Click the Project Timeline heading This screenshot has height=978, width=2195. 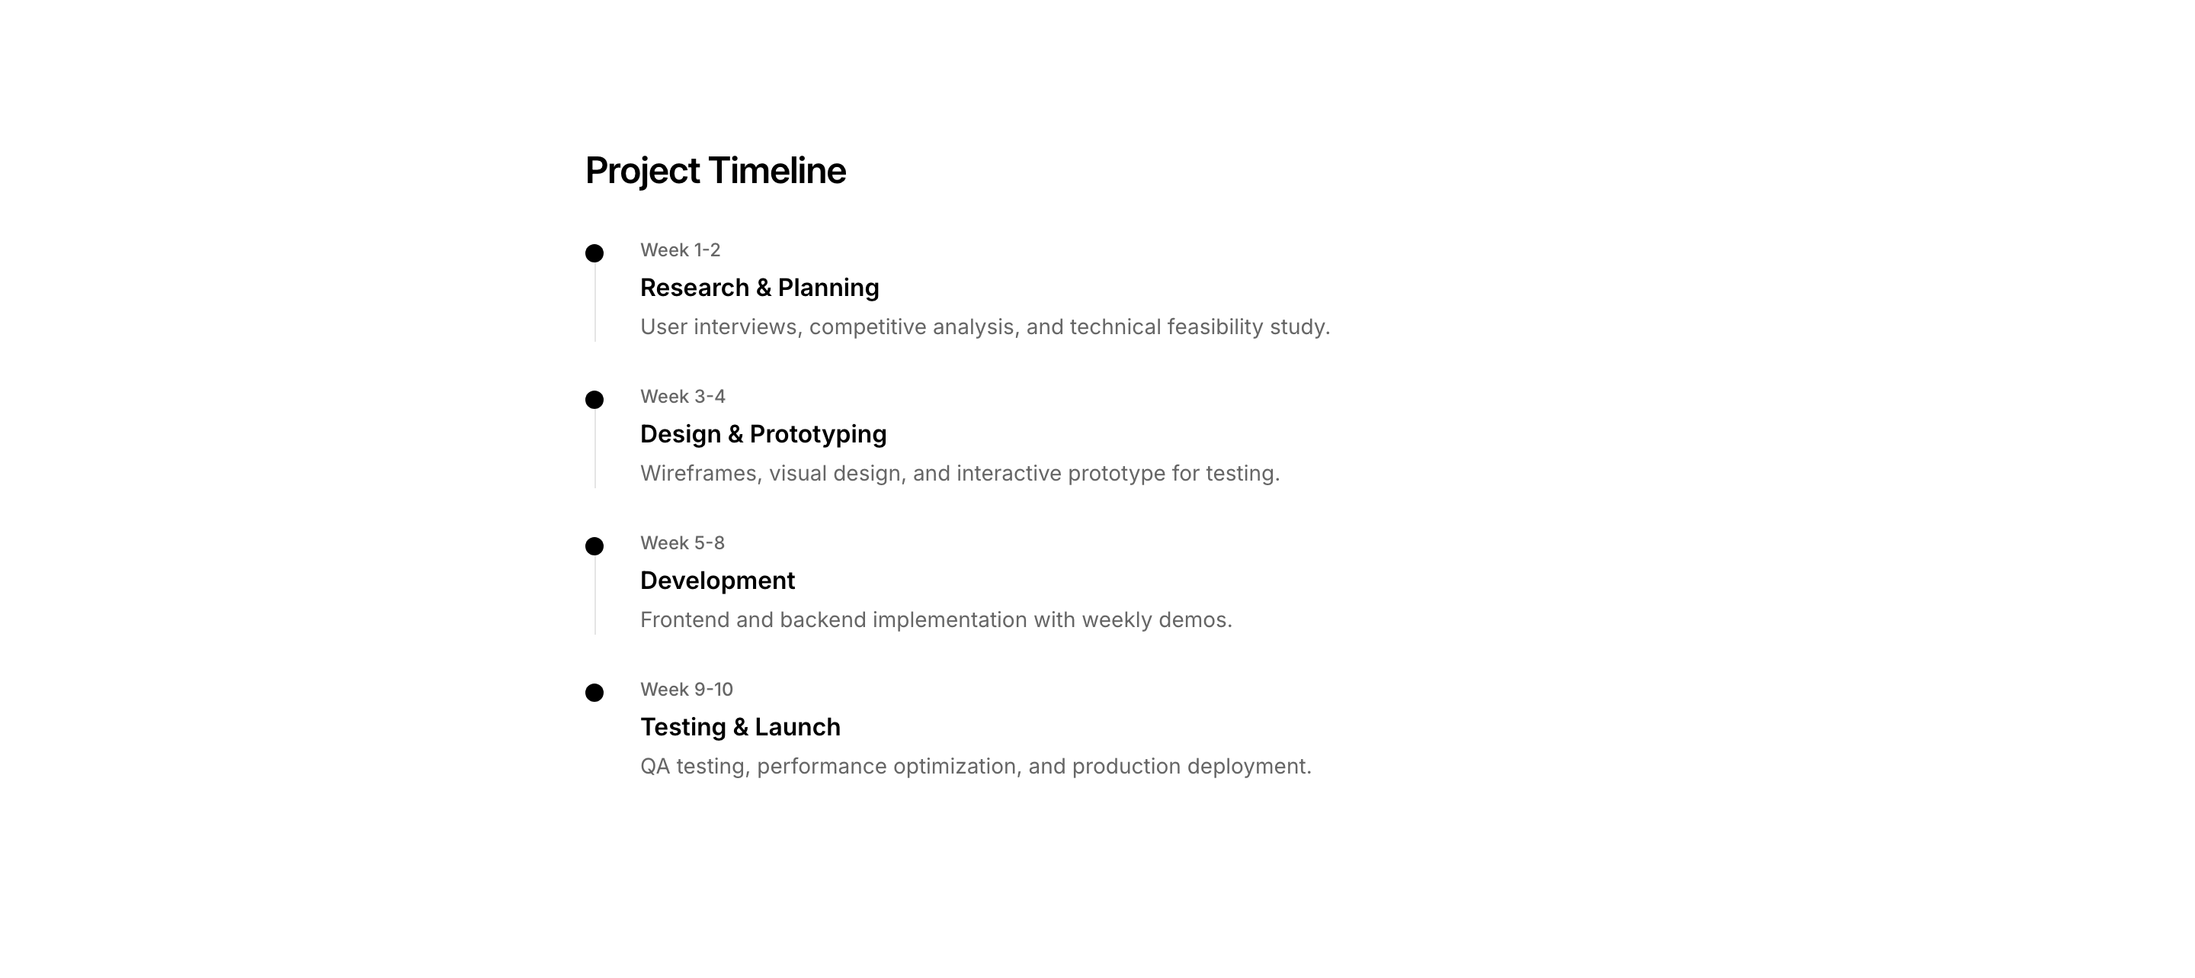716,172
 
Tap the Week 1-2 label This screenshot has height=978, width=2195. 680,249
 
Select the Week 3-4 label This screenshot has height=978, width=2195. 683,397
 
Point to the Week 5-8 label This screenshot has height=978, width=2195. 683,543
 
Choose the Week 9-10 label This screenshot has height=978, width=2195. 687,689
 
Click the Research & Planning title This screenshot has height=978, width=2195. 759,288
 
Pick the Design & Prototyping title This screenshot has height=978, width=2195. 764,435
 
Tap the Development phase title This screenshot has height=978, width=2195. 717,581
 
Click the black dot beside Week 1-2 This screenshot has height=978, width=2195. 594,253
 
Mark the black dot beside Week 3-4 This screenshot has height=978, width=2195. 594,400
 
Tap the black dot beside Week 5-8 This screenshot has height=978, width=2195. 594,545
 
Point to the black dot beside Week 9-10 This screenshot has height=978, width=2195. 594,693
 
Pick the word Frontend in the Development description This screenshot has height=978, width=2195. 685,620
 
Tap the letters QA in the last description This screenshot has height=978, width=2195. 655,767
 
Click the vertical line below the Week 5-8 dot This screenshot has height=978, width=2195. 594,595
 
